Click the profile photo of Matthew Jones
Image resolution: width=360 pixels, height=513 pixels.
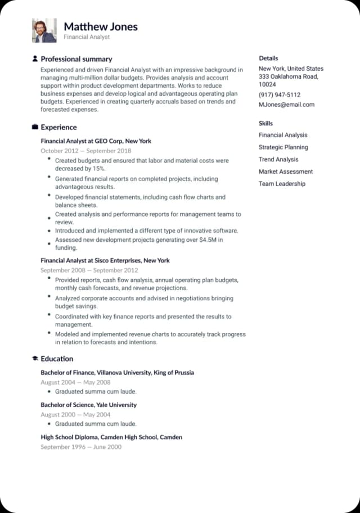click(x=44, y=30)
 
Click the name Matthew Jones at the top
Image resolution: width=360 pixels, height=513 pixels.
click(x=100, y=26)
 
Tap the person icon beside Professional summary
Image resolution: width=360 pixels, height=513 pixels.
click(x=35, y=58)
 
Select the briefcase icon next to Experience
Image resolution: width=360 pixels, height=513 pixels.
click(x=35, y=127)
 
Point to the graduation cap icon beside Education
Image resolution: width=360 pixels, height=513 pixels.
click(x=35, y=358)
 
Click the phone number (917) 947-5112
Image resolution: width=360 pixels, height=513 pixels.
click(x=280, y=94)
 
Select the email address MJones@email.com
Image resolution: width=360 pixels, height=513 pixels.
click(x=286, y=104)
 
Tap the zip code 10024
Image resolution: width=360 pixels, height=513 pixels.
click(x=267, y=84)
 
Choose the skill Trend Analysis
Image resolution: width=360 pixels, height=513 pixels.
click(x=278, y=159)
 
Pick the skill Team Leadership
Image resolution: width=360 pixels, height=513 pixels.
click(x=282, y=183)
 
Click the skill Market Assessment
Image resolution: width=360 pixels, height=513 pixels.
click(x=286, y=172)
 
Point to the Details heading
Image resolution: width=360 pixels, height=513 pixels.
click(x=268, y=58)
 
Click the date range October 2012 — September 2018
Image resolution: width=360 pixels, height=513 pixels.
click(x=85, y=151)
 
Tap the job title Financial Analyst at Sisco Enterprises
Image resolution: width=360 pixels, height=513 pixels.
click(x=105, y=260)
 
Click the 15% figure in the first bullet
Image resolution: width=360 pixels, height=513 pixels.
click(x=98, y=168)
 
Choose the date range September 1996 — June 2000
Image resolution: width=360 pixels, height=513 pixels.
click(x=80, y=447)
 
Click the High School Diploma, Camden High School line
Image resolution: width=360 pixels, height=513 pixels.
click(x=111, y=437)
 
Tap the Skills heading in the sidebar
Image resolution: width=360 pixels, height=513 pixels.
click(x=265, y=123)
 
